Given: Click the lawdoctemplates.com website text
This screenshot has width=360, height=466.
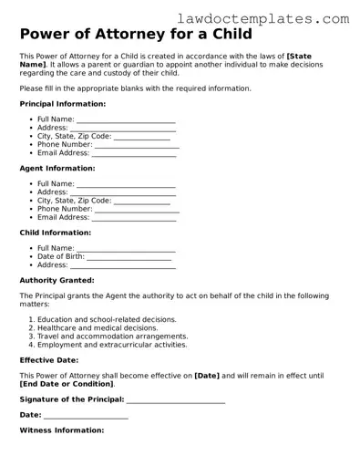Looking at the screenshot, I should (x=276, y=17).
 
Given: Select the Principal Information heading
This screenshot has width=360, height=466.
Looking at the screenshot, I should (x=62, y=104).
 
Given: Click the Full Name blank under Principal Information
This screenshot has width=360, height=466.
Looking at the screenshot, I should (x=126, y=119).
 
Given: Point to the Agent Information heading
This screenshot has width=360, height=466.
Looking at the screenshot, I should (x=57, y=168).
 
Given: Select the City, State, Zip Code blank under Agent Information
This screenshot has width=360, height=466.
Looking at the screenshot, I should (x=142, y=200).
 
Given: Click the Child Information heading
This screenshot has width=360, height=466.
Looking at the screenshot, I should (x=55, y=233).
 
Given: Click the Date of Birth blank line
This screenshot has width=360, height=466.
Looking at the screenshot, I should (x=129, y=256).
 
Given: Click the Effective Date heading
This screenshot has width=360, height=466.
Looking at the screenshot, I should (x=50, y=360).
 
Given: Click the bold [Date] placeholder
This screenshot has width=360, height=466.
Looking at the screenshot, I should (x=207, y=375).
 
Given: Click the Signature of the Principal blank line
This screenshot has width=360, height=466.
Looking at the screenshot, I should (x=176, y=399).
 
